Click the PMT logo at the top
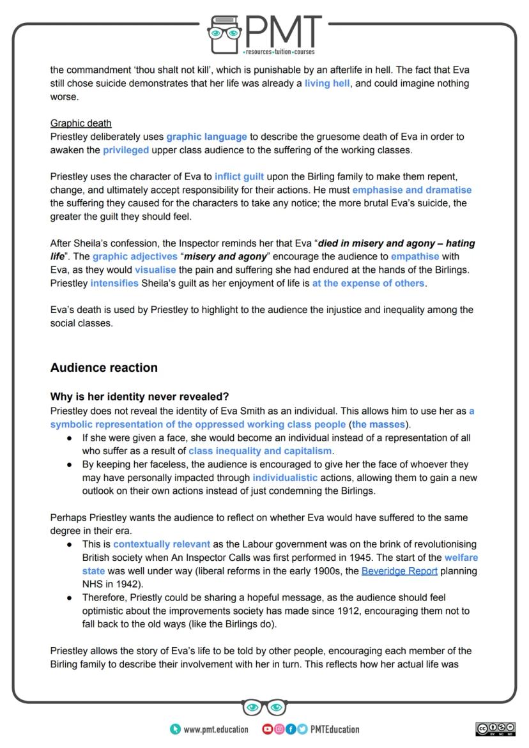[264, 31]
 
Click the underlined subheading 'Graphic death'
[80, 123]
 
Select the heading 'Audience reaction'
[103, 367]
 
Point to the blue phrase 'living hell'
[326, 84]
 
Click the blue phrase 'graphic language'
[206, 137]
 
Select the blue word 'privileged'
[126, 150]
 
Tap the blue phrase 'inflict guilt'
[239, 176]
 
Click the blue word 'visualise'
[155, 270]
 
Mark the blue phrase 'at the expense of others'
[368, 283]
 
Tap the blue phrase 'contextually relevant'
[161, 544]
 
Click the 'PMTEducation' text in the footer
[334, 729]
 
